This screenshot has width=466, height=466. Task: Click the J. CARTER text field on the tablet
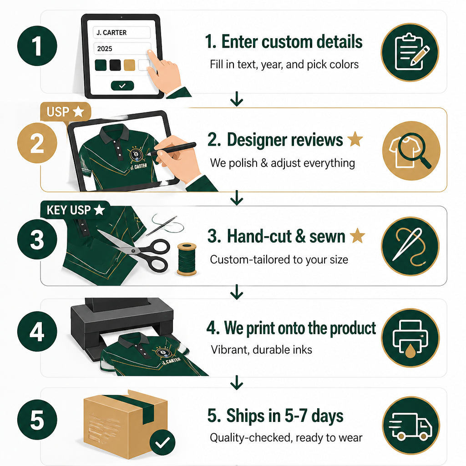pos(122,32)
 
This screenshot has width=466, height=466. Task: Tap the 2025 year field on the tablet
pos(122,48)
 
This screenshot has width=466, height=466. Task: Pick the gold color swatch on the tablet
pos(129,65)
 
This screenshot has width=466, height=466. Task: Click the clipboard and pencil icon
pos(410,52)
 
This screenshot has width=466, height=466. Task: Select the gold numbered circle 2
pos(37,143)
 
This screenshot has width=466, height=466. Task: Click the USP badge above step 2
pos(66,112)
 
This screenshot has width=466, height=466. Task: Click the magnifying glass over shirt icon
pos(411,151)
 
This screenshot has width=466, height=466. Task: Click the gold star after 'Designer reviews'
pos(355,139)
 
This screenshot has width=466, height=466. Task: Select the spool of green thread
pos(187,259)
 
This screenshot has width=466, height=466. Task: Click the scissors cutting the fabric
pos(138,250)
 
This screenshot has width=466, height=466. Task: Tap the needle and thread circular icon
pos(410,246)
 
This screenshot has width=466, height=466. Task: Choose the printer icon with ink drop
pos(410,338)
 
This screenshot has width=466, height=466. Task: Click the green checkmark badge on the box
pos(162,442)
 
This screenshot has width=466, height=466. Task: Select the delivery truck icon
pos(411,425)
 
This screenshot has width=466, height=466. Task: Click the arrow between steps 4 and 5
pos(237,382)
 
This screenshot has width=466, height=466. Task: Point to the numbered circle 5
pos(37,420)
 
